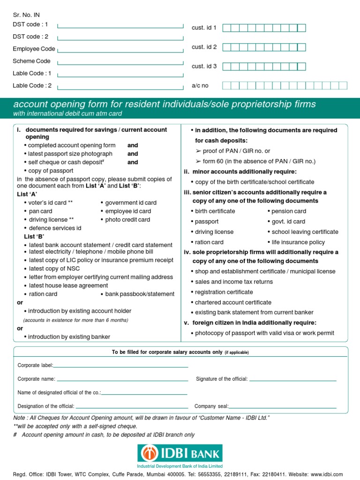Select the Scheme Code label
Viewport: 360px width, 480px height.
click(x=31, y=61)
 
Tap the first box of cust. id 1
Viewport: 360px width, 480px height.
click(x=226, y=28)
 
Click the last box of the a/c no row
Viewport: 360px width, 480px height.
click(x=343, y=85)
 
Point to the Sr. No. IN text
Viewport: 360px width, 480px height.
click(x=26, y=15)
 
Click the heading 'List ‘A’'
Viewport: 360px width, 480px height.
click(x=27, y=194)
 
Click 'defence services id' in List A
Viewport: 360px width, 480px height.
click(x=55, y=228)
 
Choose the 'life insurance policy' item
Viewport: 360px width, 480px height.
click(x=298, y=242)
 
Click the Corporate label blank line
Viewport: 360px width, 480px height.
click(x=121, y=366)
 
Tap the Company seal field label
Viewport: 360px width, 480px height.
click(x=211, y=406)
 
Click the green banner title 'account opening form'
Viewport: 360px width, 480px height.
click(x=165, y=104)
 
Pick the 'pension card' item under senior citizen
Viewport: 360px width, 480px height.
click(x=289, y=211)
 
